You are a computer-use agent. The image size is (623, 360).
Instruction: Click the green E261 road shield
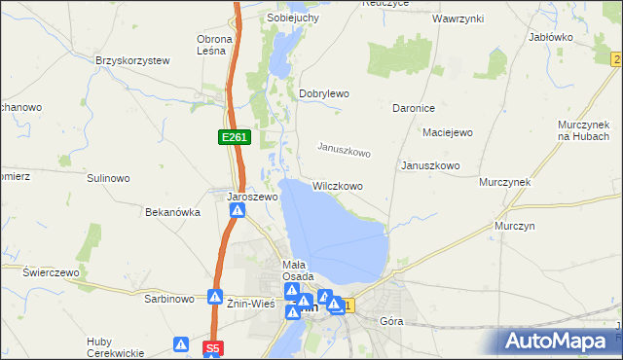[x=234, y=138]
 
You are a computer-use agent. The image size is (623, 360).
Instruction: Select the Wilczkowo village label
[x=338, y=186]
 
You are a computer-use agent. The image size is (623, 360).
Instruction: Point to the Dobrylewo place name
[x=323, y=93]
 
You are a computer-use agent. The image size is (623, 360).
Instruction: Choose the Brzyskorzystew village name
[x=132, y=60]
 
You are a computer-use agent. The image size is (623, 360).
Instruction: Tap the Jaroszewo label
[x=253, y=197]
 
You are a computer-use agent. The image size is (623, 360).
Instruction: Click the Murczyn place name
[x=515, y=226]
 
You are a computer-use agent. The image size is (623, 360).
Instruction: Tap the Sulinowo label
[x=108, y=178]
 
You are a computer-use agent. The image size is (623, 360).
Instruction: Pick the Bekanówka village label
[x=172, y=211]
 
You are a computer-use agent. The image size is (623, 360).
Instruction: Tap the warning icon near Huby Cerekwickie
[x=181, y=344]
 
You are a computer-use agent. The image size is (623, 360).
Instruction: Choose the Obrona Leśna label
[x=214, y=45]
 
